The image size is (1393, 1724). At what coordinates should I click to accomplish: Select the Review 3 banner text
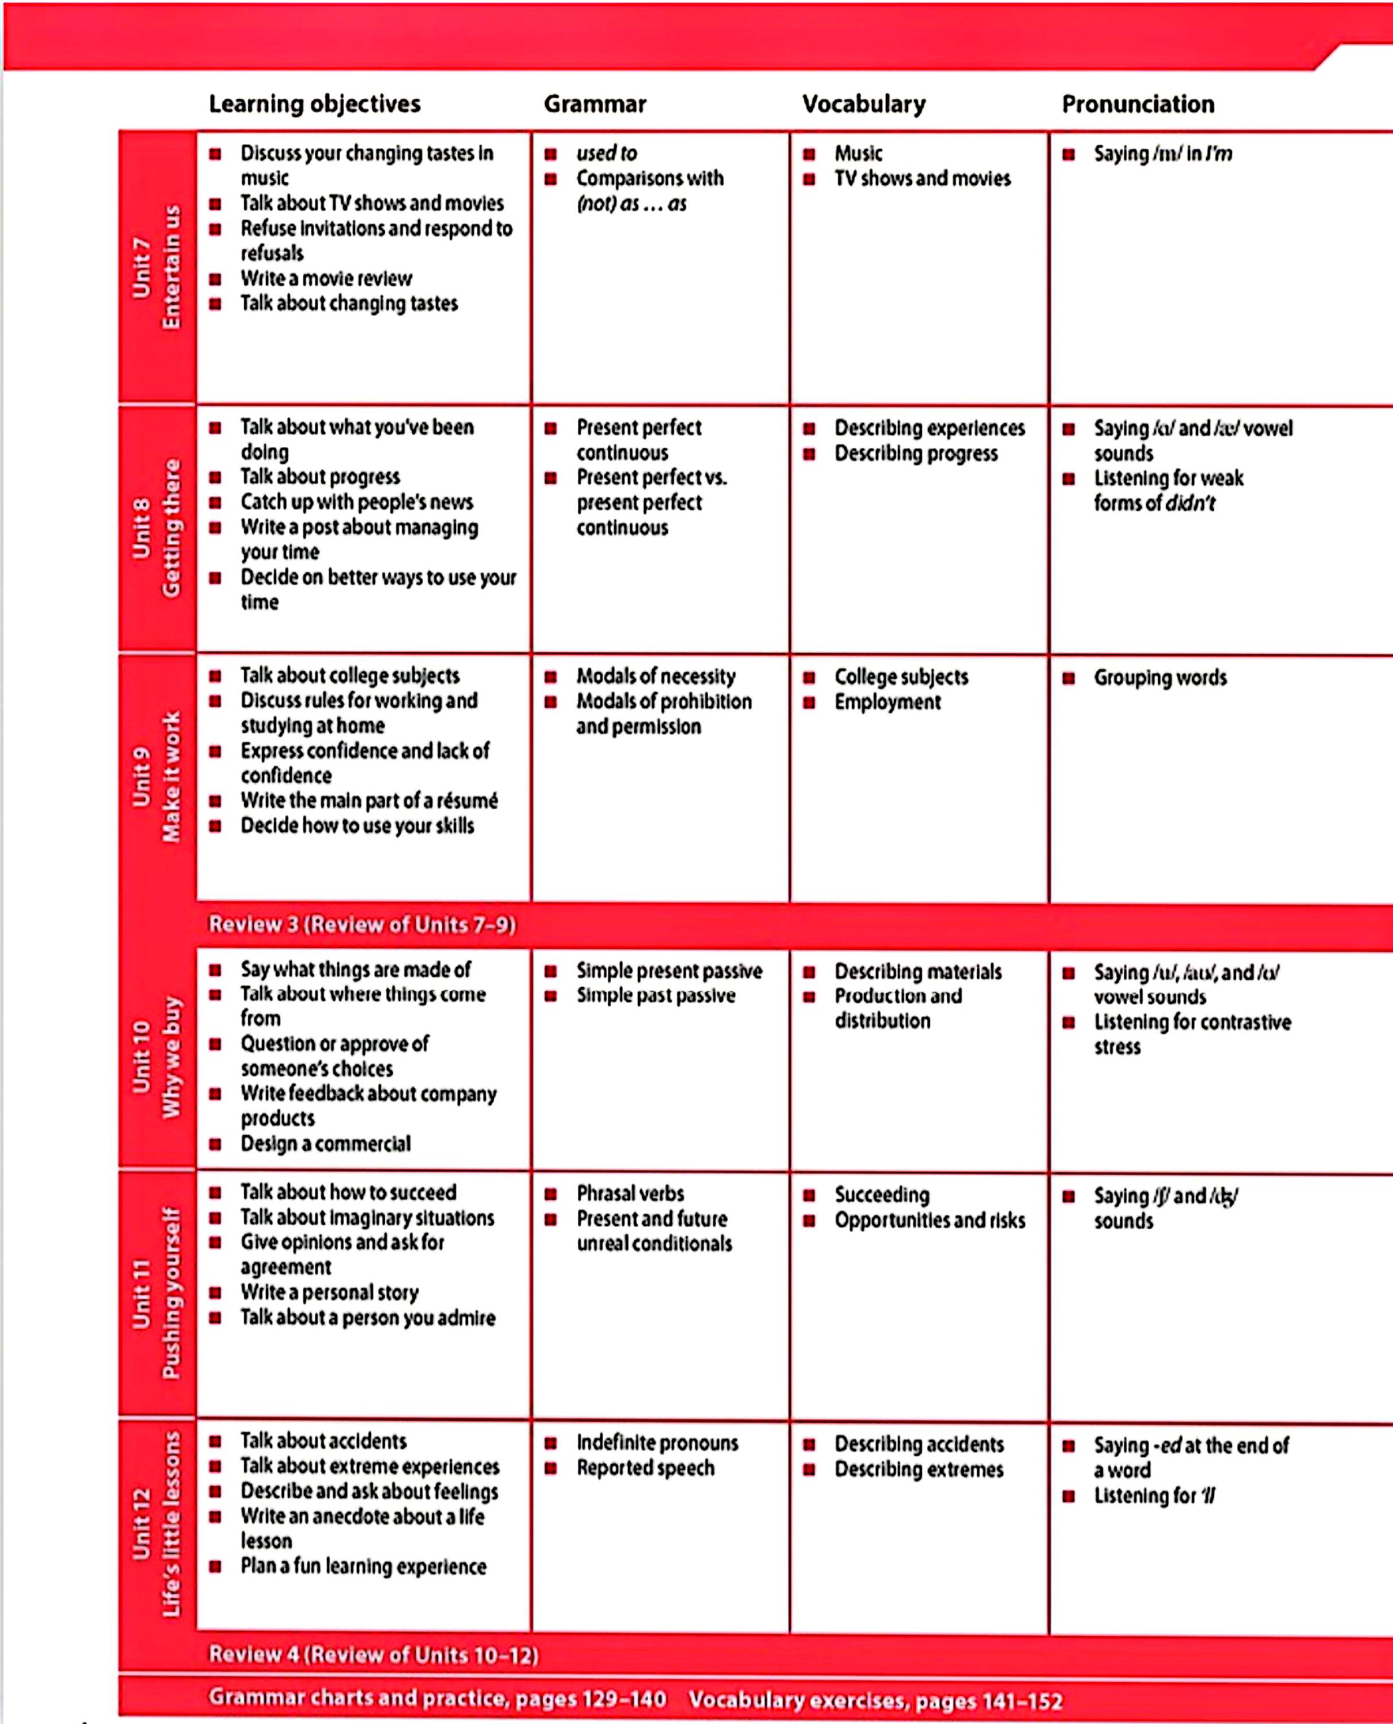tap(362, 925)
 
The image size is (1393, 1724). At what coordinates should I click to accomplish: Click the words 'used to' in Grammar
tap(606, 153)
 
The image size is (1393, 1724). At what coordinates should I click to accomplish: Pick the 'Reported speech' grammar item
tap(645, 1467)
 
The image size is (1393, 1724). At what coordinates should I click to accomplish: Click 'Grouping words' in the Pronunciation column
tap(1160, 678)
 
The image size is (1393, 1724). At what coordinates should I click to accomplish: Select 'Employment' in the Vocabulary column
tap(887, 702)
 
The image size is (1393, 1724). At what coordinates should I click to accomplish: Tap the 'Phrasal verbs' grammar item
tap(630, 1194)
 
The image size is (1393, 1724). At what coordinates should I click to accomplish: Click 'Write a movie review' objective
tap(326, 279)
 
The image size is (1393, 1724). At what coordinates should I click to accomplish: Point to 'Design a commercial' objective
tap(325, 1143)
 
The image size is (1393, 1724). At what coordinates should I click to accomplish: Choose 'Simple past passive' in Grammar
tap(655, 995)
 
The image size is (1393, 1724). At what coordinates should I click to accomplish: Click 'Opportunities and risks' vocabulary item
tap(929, 1220)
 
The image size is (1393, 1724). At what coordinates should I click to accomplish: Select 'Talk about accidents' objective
tap(323, 1441)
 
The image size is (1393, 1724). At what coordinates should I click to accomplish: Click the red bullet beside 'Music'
tap(809, 153)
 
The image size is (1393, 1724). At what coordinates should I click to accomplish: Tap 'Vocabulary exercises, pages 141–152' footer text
tap(875, 1700)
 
